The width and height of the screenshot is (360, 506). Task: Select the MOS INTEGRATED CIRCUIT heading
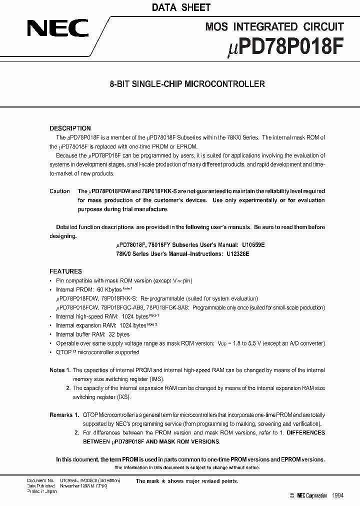pyautogui.click(x=274, y=27)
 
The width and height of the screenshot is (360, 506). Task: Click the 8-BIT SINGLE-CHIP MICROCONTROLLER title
pyautogui.click(x=187, y=84)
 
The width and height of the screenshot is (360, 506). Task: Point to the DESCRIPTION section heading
pyautogui.click(x=70, y=128)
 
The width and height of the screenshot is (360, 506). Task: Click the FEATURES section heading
pyautogui.click(x=65, y=271)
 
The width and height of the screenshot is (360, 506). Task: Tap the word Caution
pyautogui.click(x=59, y=191)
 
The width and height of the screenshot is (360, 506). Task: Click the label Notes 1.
pyautogui.click(x=60, y=370)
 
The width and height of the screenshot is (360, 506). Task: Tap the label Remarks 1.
pyautogui.click(x=64, y=415)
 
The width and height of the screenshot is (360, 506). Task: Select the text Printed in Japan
pyautogui.click(x=41, y=491)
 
